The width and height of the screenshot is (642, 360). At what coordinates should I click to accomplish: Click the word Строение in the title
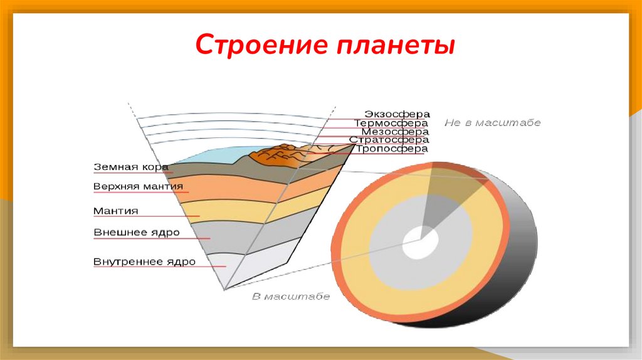tap(261, 45)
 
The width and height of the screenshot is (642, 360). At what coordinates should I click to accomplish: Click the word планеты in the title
tap(396, 46)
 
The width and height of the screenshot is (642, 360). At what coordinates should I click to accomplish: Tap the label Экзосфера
tap(397, 114)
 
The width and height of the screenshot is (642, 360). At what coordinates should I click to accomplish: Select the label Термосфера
tap(391, 123)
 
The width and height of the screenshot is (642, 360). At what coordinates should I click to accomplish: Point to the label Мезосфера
tap(395, 132)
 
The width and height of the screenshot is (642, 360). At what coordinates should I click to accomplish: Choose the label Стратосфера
tap(389, 140)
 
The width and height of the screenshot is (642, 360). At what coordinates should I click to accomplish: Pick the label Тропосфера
tap(392, 149)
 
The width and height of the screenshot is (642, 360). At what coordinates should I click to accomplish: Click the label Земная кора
tap(131, 167)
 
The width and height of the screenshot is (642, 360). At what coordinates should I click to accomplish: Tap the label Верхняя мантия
tap(138, 186)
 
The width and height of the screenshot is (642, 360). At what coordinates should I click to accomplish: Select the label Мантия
tap(116, 211)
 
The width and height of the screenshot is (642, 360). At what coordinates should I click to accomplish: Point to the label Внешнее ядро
tap(136, 233)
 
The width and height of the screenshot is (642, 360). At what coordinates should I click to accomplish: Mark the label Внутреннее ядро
tap(145, 262)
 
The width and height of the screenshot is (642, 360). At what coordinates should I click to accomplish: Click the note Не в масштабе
tap(493, 122)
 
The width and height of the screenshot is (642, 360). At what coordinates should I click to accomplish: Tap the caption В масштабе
tap(291, 296)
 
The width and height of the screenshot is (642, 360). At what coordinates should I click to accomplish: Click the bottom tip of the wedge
tap(224, 290)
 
